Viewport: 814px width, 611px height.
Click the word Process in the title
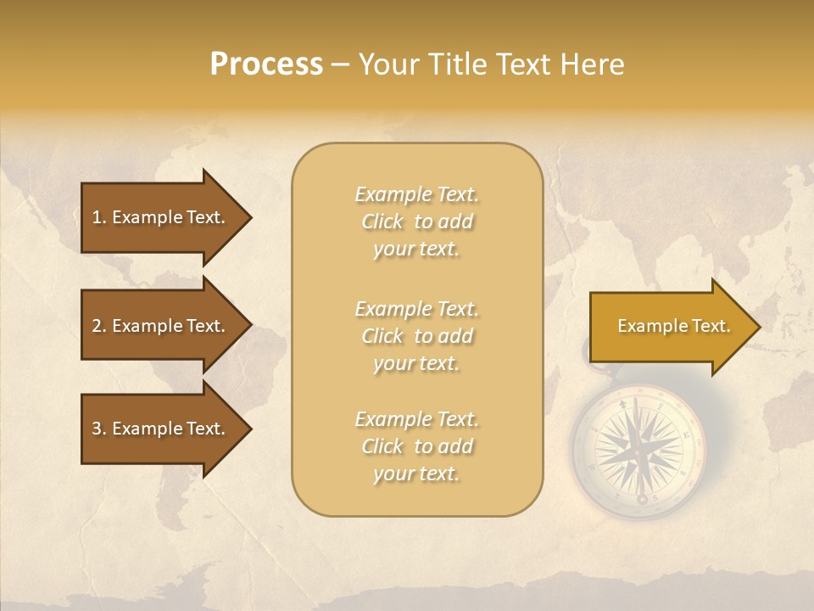(x=266, y=64)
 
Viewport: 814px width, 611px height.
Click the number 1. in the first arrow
(x=99, y=217)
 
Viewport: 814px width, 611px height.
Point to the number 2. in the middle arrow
(x=99, y=326)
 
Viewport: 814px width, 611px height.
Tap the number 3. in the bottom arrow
(x=99, y=429)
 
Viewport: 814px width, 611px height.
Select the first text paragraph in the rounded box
(x=416, y=221)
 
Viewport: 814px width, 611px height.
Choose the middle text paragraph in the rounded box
(x=416, y=336)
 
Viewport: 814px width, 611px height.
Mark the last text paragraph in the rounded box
(x=416, y=446)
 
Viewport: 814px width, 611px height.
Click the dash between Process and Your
(x=341, y=65)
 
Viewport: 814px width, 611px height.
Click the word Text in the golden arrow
(x=712, y=326)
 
